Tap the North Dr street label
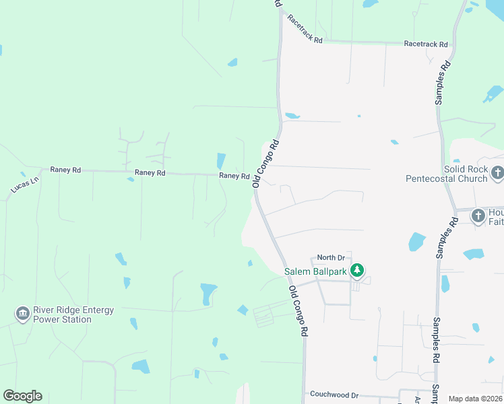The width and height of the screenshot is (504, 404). (x=331, y=258)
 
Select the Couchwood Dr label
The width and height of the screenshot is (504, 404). (x=334, y=394)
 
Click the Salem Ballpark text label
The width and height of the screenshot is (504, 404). (x=315, y=272)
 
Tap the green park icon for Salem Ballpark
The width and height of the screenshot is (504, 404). (x=357, y=271)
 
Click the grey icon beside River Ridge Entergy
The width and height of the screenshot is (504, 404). (x=22, y=314)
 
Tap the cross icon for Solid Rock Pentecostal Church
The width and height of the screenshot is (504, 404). (x=497, y=173)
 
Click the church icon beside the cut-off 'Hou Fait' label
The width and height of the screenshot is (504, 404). (x=478, y=216)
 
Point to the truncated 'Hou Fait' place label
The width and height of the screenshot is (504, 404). (x=496, y=217)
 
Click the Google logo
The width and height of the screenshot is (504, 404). (x=22, y=396)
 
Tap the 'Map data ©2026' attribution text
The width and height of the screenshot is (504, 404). (x=475, y=399)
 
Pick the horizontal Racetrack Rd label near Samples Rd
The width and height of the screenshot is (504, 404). (x=426, y=44)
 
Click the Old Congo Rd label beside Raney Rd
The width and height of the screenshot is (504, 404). (x=265, y=164)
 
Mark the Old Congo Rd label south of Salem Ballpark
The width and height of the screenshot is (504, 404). (x=298, y=311)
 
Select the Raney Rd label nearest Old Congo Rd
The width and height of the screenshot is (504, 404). (x=234, y=176)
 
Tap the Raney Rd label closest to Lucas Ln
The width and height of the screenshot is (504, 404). (x=65, y=170)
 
